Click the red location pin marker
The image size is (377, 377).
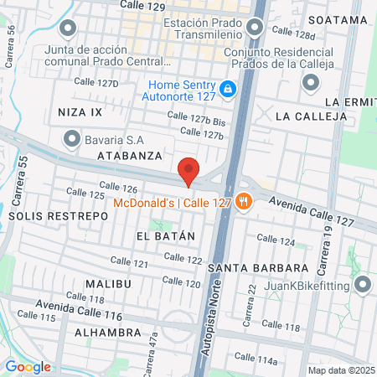(x=188, y=171)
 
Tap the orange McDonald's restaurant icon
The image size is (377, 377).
(x=244, y=201)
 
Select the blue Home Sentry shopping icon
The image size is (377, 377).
(x=227, y=87)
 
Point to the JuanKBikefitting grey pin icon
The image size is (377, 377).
(x=362, y=285)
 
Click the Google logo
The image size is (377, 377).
(x=28, y=366)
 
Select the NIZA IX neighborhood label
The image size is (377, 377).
(x=80, y=111)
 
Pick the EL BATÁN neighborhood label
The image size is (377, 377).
(x=165, y=236)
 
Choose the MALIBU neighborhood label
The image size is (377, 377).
(x=108, y=284)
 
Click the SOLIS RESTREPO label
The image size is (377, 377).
(x=58, y=215)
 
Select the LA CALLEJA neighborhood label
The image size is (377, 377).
(x=310, y=116)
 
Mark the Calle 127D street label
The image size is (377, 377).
(x=96, y=82)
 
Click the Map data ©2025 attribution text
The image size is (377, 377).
(x=340, y=370)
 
